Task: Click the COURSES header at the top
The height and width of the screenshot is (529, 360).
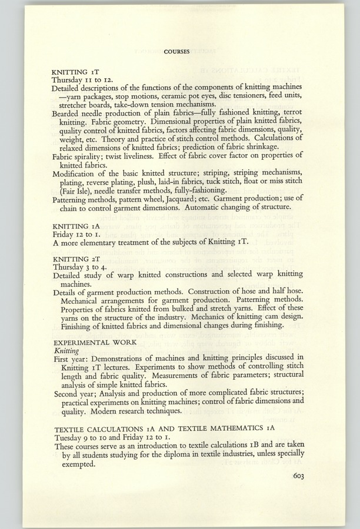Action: point(176,51)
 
